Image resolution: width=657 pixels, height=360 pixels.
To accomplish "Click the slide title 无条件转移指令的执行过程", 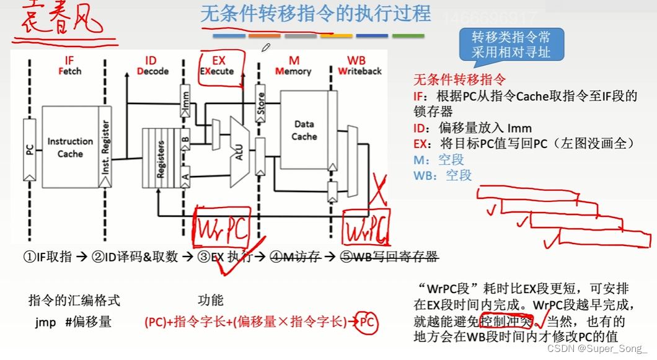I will click(315, 14).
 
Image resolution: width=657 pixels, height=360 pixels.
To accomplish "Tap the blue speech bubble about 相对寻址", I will click(510, 45).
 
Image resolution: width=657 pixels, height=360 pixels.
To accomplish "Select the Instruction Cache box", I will click(70, 147).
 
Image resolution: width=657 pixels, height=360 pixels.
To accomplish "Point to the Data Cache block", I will click(304, 130).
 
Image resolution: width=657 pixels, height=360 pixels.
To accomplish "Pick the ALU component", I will click(239, 147).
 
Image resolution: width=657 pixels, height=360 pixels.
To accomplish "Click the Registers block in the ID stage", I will click(159, 159).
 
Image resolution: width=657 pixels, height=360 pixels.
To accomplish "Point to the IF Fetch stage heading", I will click(69, 66).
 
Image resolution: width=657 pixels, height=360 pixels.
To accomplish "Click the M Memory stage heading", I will click(293, 66).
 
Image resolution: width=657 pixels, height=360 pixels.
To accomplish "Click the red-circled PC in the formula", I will click(367, 322).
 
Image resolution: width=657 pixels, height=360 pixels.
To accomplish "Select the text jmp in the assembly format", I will click(45, 323).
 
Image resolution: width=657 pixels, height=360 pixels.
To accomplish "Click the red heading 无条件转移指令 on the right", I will click(459, 80).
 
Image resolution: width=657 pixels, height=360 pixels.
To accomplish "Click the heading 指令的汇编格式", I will click(74, 301).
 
